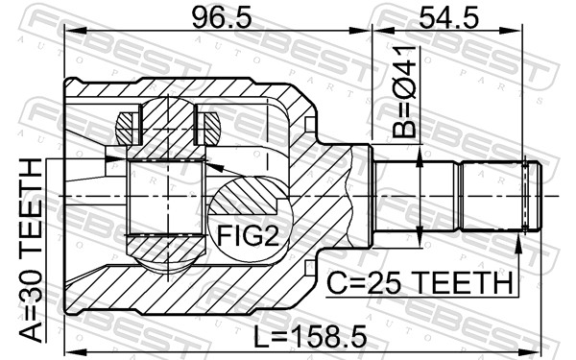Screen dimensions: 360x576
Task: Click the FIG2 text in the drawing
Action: click(x=246, y=234)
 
